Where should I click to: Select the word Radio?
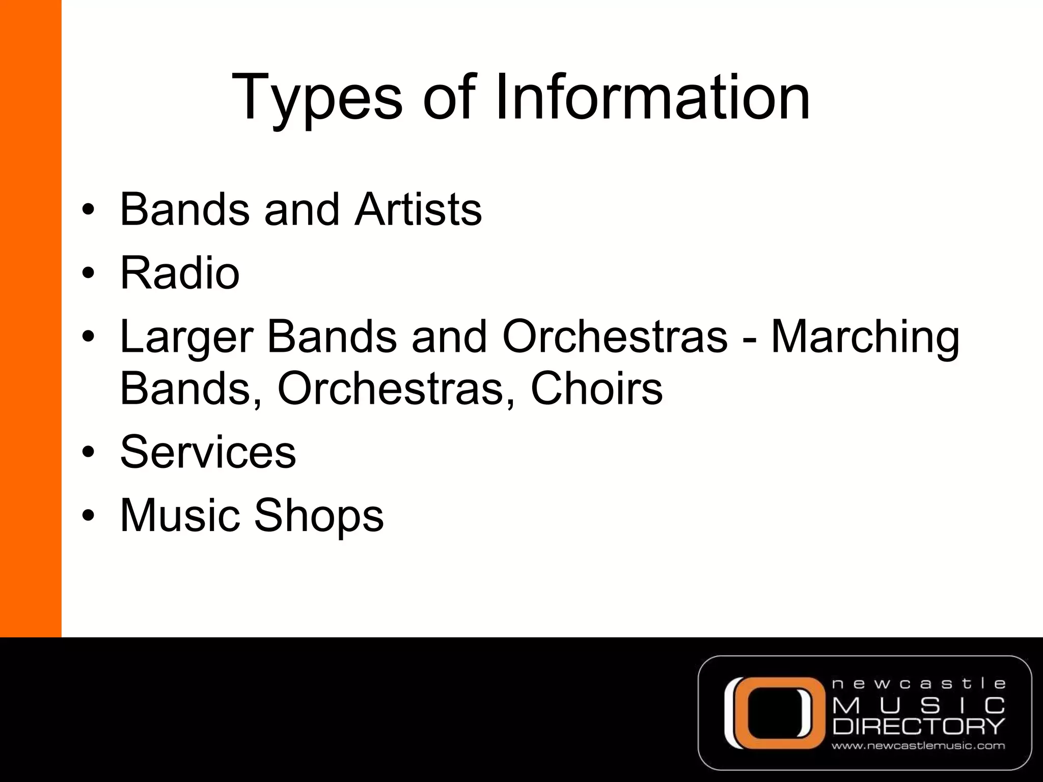(x=180, y=273)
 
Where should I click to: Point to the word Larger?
(x=186, y=338)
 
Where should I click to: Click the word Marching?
(x=865, y=338)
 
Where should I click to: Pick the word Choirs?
(x=596, y=388)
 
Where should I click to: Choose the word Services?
(x=208, y=452)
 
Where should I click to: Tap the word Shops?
(x=318, y=516)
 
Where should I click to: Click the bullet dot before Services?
(x=88, y=453)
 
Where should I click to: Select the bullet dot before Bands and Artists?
(x=88, y=211)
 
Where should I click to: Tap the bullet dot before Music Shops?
(x=88, y=516)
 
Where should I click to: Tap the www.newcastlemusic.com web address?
(x=918, y=746)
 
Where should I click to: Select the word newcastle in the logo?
(x=918, y=684)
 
